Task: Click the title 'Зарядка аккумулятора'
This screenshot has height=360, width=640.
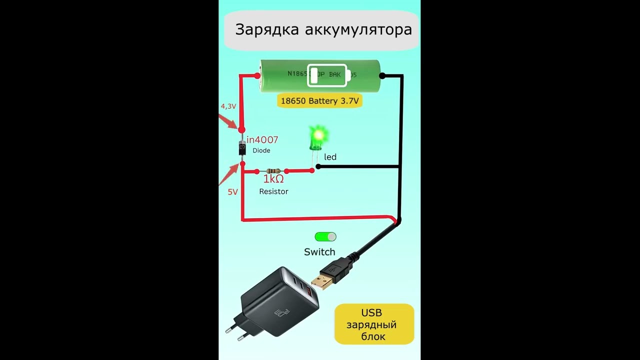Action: coord(323,29)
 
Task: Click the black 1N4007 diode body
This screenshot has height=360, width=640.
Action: coord(242,148)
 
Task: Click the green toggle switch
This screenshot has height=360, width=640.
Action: coord(325,236)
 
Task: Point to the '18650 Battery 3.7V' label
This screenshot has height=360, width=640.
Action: coord(319,101)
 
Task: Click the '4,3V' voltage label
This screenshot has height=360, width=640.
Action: coord(228,106)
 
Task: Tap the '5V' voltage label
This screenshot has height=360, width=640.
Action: coord(232,192)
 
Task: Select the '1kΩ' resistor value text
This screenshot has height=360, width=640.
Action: coord(273,179)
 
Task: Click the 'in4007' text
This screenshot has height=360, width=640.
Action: coord(262,140)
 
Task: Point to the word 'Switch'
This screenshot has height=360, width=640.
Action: coord(319,252)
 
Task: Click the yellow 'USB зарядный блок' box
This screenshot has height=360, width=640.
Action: coord(374,324)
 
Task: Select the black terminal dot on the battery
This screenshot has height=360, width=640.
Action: coord(382,76)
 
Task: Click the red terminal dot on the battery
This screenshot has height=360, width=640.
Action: coord(257,76)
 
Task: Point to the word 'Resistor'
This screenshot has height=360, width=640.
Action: coord(273,191)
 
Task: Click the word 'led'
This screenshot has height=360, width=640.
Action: coord(330,157)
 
